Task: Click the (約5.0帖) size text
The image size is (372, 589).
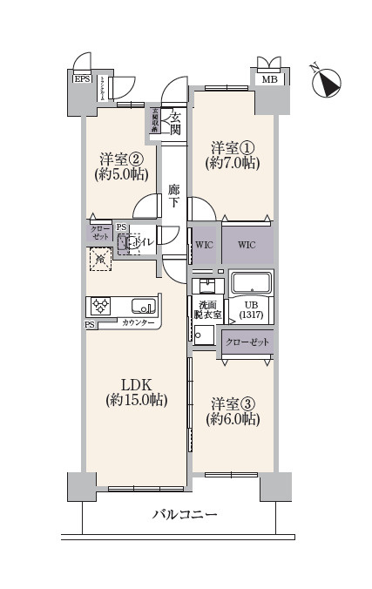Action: [121, 174]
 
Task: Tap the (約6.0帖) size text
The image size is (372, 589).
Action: [232, 419]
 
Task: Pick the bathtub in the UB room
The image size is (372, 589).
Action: [252, 283]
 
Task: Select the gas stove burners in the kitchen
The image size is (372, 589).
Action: [99, 307]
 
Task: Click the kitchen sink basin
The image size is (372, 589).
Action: [143, 306]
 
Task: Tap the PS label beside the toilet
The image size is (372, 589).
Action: [121, 228]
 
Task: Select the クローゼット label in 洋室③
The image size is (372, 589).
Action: [247, 342]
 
